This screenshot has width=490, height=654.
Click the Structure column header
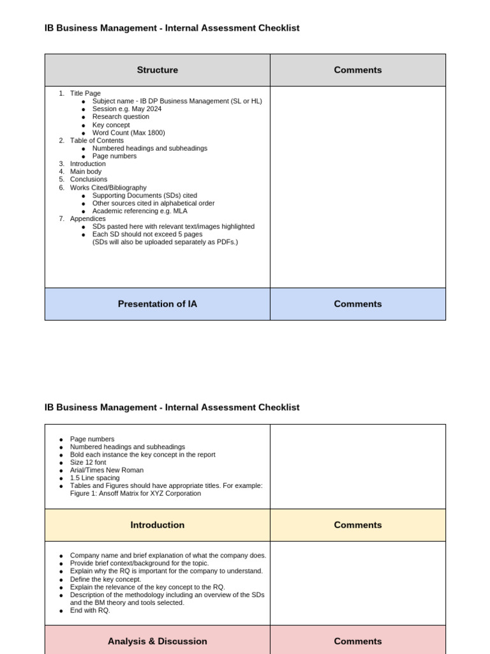pos(157,70)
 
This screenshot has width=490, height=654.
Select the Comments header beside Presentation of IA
pos(357,304)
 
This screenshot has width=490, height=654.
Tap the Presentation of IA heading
pos(157,304)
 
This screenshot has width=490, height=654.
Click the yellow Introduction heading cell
pos(157,525)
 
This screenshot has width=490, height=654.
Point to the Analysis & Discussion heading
pos(157,641)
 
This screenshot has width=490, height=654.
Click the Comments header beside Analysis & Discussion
pos(357,641)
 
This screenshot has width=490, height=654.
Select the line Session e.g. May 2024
pos(126,109)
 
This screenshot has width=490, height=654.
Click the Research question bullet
pos(121,117)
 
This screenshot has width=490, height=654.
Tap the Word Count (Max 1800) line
pos(128,133)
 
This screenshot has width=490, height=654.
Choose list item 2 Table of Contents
pos(96,141)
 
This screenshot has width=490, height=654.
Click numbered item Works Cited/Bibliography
pos(108,188)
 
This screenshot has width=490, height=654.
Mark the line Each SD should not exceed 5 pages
pos(147,234)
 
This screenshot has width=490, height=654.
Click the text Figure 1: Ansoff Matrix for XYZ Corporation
pos(135,494)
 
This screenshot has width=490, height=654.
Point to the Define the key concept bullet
pos(105,579)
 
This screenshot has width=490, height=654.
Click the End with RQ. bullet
pos(90,611)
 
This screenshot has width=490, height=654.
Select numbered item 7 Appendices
pos(87,218)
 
